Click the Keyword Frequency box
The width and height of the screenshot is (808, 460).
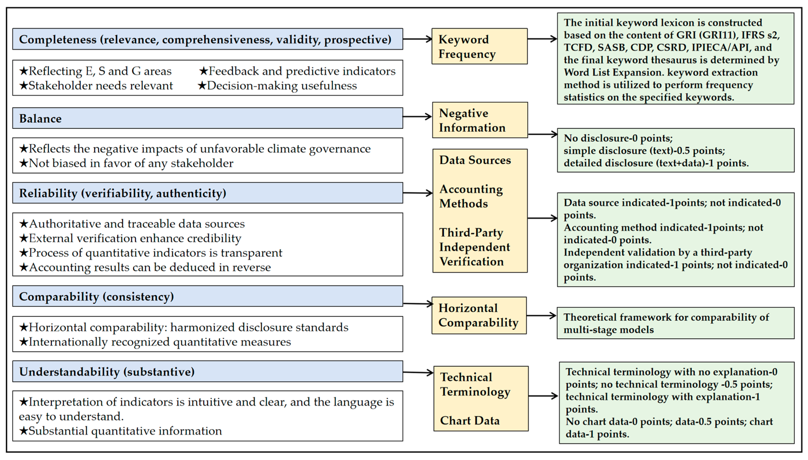point(479,47)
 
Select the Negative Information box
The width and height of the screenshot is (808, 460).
point(480,120)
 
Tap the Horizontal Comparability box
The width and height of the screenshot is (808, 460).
point(479,315)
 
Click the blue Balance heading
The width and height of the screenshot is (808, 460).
point(208,118)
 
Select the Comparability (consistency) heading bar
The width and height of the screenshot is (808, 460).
point(208,296)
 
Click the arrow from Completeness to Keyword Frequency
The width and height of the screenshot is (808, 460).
point(417,39)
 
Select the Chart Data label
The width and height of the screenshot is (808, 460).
point(470,420)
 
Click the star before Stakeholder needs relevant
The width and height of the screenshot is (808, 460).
point(24,86)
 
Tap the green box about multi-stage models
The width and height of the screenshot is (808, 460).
point(675,323)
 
